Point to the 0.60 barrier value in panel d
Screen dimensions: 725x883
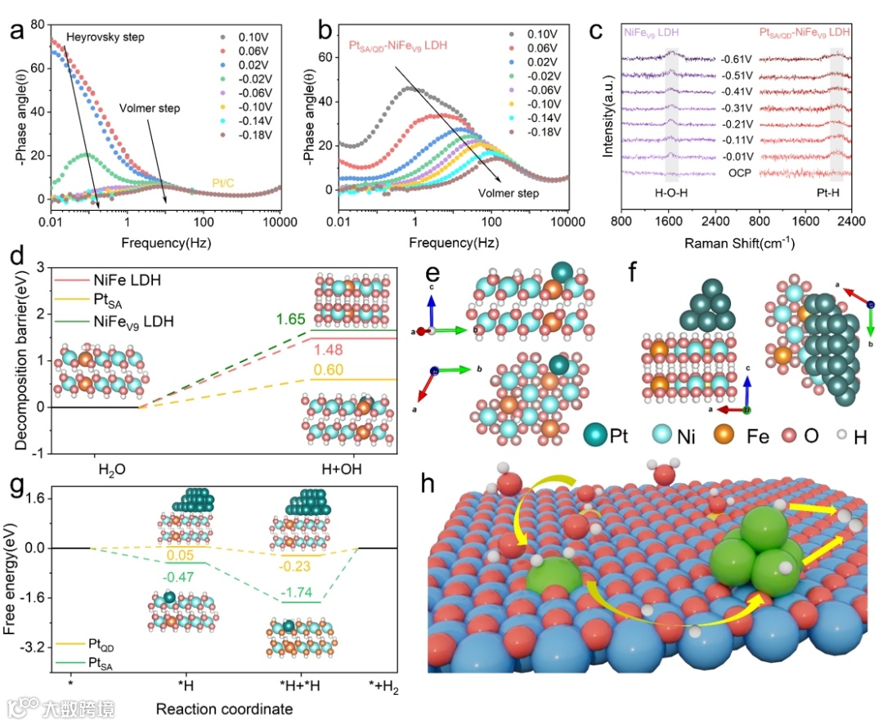tap(323, 369)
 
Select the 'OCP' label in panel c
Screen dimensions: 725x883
tap(736, 172)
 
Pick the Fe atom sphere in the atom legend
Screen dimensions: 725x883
tap(724, 435)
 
